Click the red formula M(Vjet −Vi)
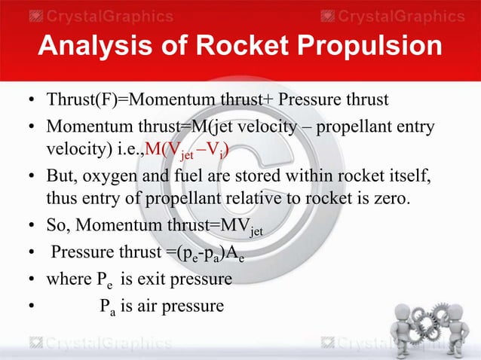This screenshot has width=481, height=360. (x=188, y=156)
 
